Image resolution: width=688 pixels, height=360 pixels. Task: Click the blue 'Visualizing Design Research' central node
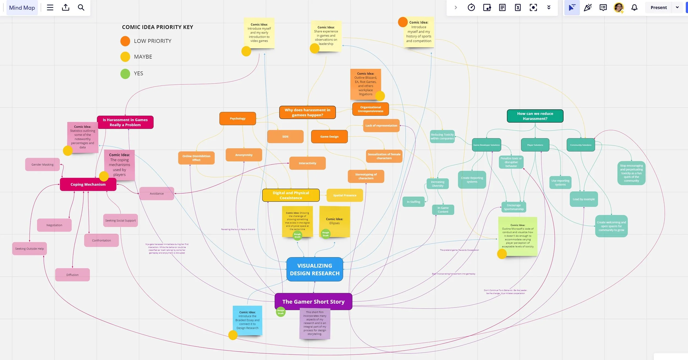pyautogui.click(x=315, y=269)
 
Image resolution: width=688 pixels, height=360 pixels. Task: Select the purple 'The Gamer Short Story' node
pyautogui.click(x=313, y=301)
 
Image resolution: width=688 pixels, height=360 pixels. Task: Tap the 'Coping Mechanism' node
pyautogui.click(x=88, y=184)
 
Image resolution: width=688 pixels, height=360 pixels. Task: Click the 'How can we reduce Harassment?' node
pyautogui.click(x=535, y=116)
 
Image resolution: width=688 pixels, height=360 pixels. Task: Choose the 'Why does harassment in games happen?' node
pyautogui.click(x=307, y=112)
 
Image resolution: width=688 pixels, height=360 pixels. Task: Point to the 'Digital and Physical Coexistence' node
pyautogui.click(x=291, y=195)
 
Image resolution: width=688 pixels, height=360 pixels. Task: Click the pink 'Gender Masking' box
pyautogui.click(x=42, y=164)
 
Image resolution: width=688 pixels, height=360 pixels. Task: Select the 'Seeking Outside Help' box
pyautogui.click(x=29, y=249)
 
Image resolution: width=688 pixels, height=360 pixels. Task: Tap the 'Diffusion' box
pyautogui.click(x=72, y=275)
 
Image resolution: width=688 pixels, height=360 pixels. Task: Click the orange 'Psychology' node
pyautogui.click(x=237, y=119)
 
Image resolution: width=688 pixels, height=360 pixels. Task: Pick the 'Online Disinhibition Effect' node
pyautogui.click(x=196, y=158)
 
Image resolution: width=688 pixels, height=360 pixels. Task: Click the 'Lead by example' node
pyautogui.click(x=584, y=199)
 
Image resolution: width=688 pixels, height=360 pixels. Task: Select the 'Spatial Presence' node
pyautogui.click(x=345, y=195)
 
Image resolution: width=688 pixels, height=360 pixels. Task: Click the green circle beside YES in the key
pyautogui.click(x=125, y=74)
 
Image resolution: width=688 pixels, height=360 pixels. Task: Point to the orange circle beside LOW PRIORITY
pyautogui.click(x=125, y=41)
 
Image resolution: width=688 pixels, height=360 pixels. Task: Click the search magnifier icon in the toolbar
pyautogui.click(x=81, y=7)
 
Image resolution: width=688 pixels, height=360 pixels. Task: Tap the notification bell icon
pyautogui.click(x=634, y=7)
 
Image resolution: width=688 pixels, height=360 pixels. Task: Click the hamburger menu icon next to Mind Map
pyautogui.click(x=50, y=7)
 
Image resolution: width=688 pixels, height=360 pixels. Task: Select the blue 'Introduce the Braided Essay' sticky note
pyautogui.click(x=247, y=320)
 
